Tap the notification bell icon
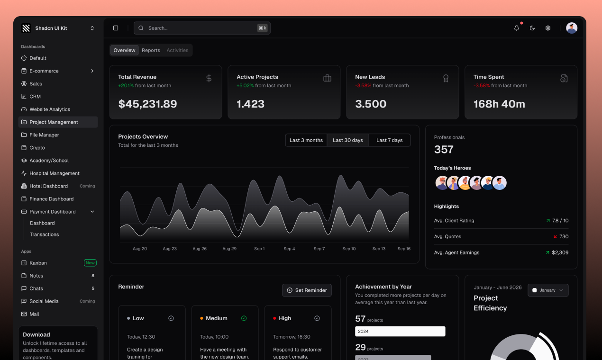pyautogui.click(x=517, y=28)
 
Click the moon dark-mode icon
pyautogui.click(x=532, y=28)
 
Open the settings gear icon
pyautogui.click(x=548, y=28)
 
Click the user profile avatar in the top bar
pyautogui.click(x=572, y=28)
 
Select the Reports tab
pyautogui.click(x=151, y=50)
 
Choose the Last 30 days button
pyautogui.click(x=348, y=140)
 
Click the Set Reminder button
pyautogui.click(x=307, y=290)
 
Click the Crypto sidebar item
pyautogui.click(x=37, y=148)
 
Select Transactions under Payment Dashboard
pyautogui.click(x=45, y=234)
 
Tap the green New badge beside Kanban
pyautogui.click(x=90, y=263)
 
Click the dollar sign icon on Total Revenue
pyautogui.click(x=209, y=78)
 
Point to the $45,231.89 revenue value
pyautogui.click(x=147, y=104)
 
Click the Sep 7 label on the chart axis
pyautogui.click(x=319, y=249)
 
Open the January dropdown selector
pyautogui.click(x=548, y=290)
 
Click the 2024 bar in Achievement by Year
pyautogui.click(x=400, y=331)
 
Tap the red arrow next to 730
pyautogui.click(x=555, y=236)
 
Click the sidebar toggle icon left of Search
pyautogui.click(x=116, y=28)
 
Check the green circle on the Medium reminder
pyautogui.click(x=244, y=318)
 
